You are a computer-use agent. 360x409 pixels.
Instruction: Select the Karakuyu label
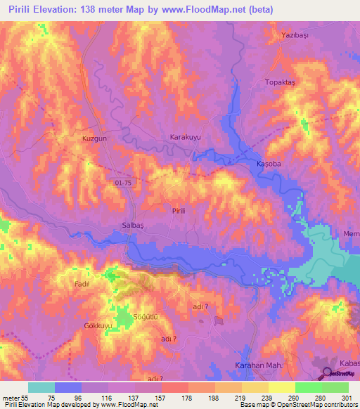pos(186,138)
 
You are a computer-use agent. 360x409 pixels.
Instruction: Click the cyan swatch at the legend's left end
pos(41,387)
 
